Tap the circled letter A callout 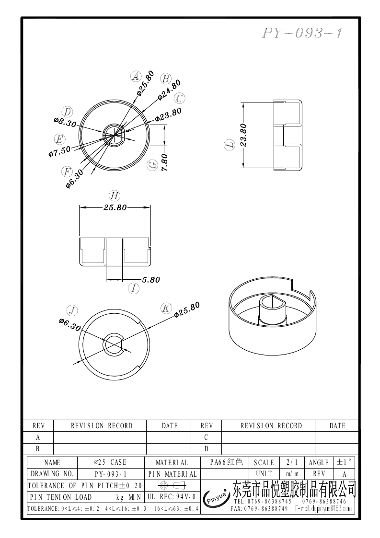pos(136,76)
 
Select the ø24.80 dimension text pos(169,90)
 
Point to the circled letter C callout pos(180,99)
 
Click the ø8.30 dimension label pos(65,121)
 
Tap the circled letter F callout pos(67,171)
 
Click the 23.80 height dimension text pos(243,135)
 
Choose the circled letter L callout pos(230,145)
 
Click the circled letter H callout pos(114,195)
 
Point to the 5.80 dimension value pos(151,280)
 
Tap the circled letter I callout pos(134,288)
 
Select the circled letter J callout pos(72,310)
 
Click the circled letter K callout pos(166,308)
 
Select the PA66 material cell pos(227,462)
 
